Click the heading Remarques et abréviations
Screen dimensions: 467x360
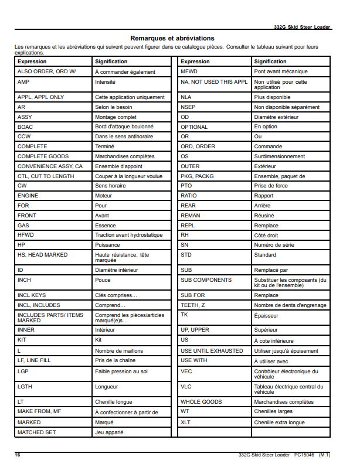pyautogui.click(x=172, y=38)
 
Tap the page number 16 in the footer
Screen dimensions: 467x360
pyautogui.click(x=18, y=454)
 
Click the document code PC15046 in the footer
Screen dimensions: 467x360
pyautogui.click(x=305, y=454)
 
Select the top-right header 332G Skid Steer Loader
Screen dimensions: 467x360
pyautogui.click(x=302, y=28)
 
